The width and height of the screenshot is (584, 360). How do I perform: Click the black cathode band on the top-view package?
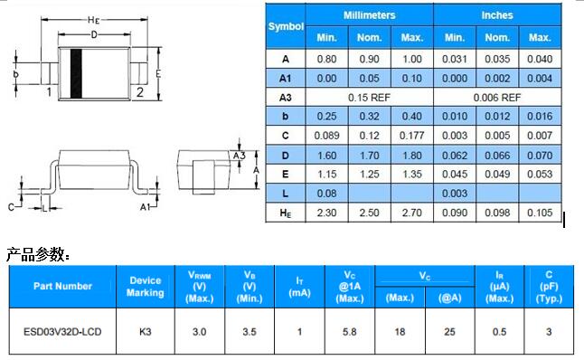pyautogui.click(x=76, y=73)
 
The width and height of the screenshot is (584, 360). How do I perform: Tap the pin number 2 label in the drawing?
pyautogui.click(x=140, y=92)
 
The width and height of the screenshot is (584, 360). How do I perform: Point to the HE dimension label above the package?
pyautogui.click(x=93, y=20)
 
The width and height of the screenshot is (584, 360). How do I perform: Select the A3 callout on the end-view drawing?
pyautogui.click(x=239, y=155)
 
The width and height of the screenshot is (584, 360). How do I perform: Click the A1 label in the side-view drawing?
pyautogui.click(x=145, y=206)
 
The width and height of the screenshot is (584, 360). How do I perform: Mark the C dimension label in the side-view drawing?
pyautogui.click(x=11, y=207)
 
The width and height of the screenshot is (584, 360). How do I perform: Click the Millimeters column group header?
pyautogui.click(x=369, y=15)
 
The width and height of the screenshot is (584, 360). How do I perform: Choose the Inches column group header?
pyautogui.click(x=497, y=15)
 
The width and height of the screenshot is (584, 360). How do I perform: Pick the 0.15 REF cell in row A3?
pyautogui.click(x=369, y=98)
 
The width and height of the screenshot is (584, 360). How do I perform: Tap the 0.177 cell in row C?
pyautogui.click(x=412, y=136)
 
